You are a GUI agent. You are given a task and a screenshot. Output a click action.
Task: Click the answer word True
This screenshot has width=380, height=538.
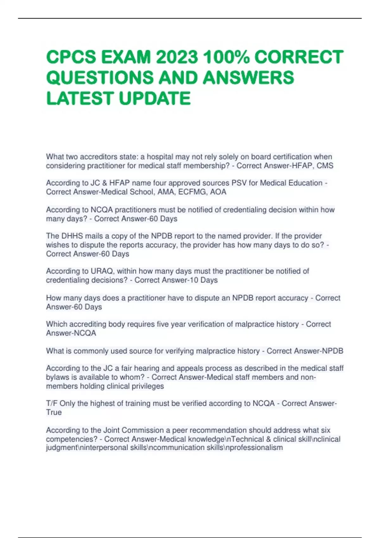tap(54, 412)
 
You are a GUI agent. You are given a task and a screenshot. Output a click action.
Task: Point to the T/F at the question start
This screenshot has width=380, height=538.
tap(52, 403)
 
